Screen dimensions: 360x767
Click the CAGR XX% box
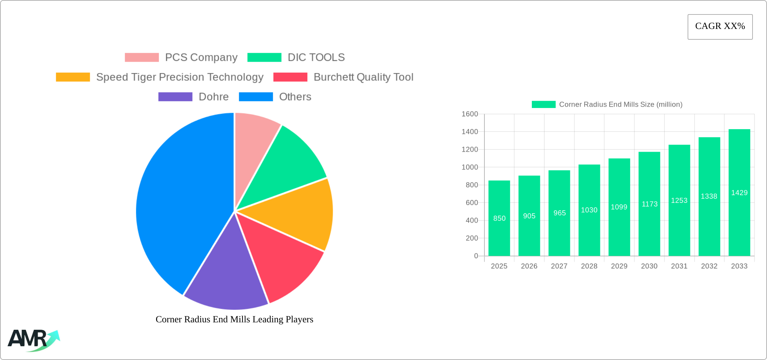[x=720, y=27]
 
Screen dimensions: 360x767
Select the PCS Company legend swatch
[x=142, y=58]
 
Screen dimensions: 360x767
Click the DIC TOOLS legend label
[x=316, y=58]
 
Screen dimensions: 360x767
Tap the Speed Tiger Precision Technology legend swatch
[x=73, y=77]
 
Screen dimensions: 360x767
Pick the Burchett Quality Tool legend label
[x=363, y=77]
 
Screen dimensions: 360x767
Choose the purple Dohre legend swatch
[x=175, y=97]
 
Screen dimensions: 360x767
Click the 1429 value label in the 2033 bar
[x=739, y=193]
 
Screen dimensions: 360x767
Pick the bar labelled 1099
[x=619, y=207]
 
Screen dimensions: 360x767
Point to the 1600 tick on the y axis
[x=470, y=114]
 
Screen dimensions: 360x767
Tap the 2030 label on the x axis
[x=649, y=266]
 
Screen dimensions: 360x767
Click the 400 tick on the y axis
[x=472, y=220]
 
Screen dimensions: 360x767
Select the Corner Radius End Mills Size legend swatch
[x=543, y=105]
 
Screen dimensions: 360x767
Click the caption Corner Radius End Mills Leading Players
[x=234, y=319]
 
